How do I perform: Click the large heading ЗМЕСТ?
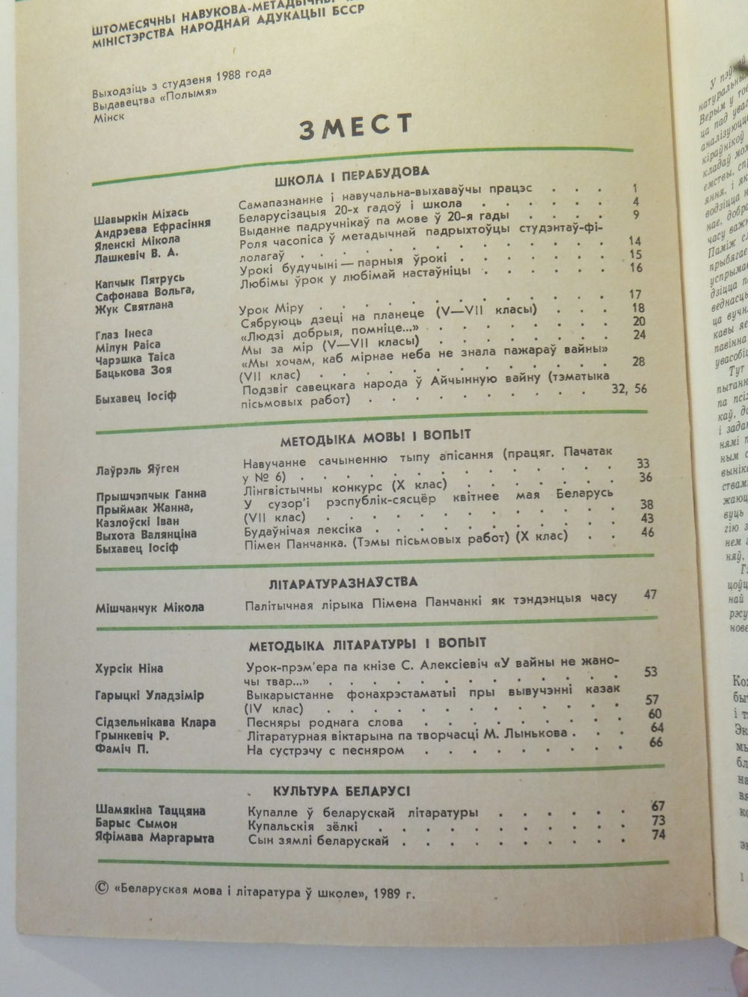click(x=355, y=127)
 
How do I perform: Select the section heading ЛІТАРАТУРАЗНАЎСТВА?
click(x=343, y=582)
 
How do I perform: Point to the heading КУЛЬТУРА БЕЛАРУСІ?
click(x=341, y=791)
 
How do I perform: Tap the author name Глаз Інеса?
click(x=124, y=332)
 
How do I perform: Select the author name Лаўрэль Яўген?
click(x=137, y=469)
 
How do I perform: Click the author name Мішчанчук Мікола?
click(x=150, y=607)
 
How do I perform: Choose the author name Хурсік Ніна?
click(x=129, y=668)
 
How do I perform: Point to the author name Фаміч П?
click(x=122, y=749)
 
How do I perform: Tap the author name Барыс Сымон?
click(x=136, y=823)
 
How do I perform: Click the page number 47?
click(x=649, y=595)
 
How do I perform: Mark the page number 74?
click(x=657, y=834)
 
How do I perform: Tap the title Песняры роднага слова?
click(x=325, y=722)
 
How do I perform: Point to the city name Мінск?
click(x=108, y=116)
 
